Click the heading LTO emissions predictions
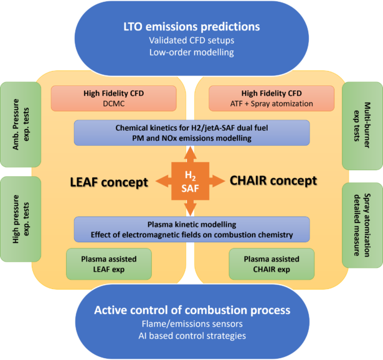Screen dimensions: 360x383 [x=191, y=27]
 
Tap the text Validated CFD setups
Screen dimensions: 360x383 [x=191, y=40]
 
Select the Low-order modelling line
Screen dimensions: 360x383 [x=191, y=52]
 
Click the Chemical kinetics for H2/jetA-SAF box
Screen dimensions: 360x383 [x=192, y=133]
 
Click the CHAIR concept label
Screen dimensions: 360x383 [x=273, y=181]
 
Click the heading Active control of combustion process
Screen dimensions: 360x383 [x=192, y=310]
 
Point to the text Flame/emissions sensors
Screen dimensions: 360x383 [x=192, y=324]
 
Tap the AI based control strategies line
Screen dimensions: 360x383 [x=192, y=336]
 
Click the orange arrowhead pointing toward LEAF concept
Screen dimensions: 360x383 [x=161, y=181]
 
